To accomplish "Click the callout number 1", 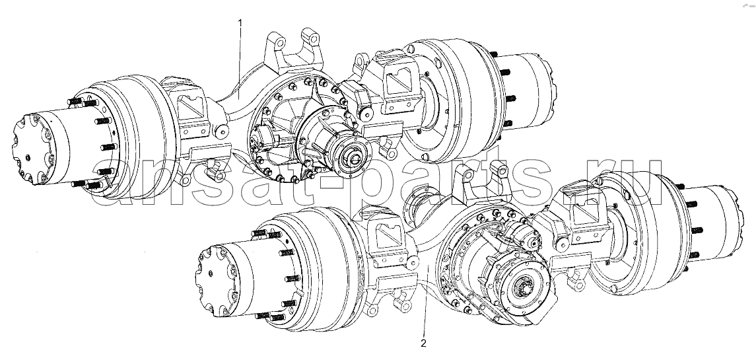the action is click(240, 22).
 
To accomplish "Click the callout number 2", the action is click(423, 343).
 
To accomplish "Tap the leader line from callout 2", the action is click(425, 300).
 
